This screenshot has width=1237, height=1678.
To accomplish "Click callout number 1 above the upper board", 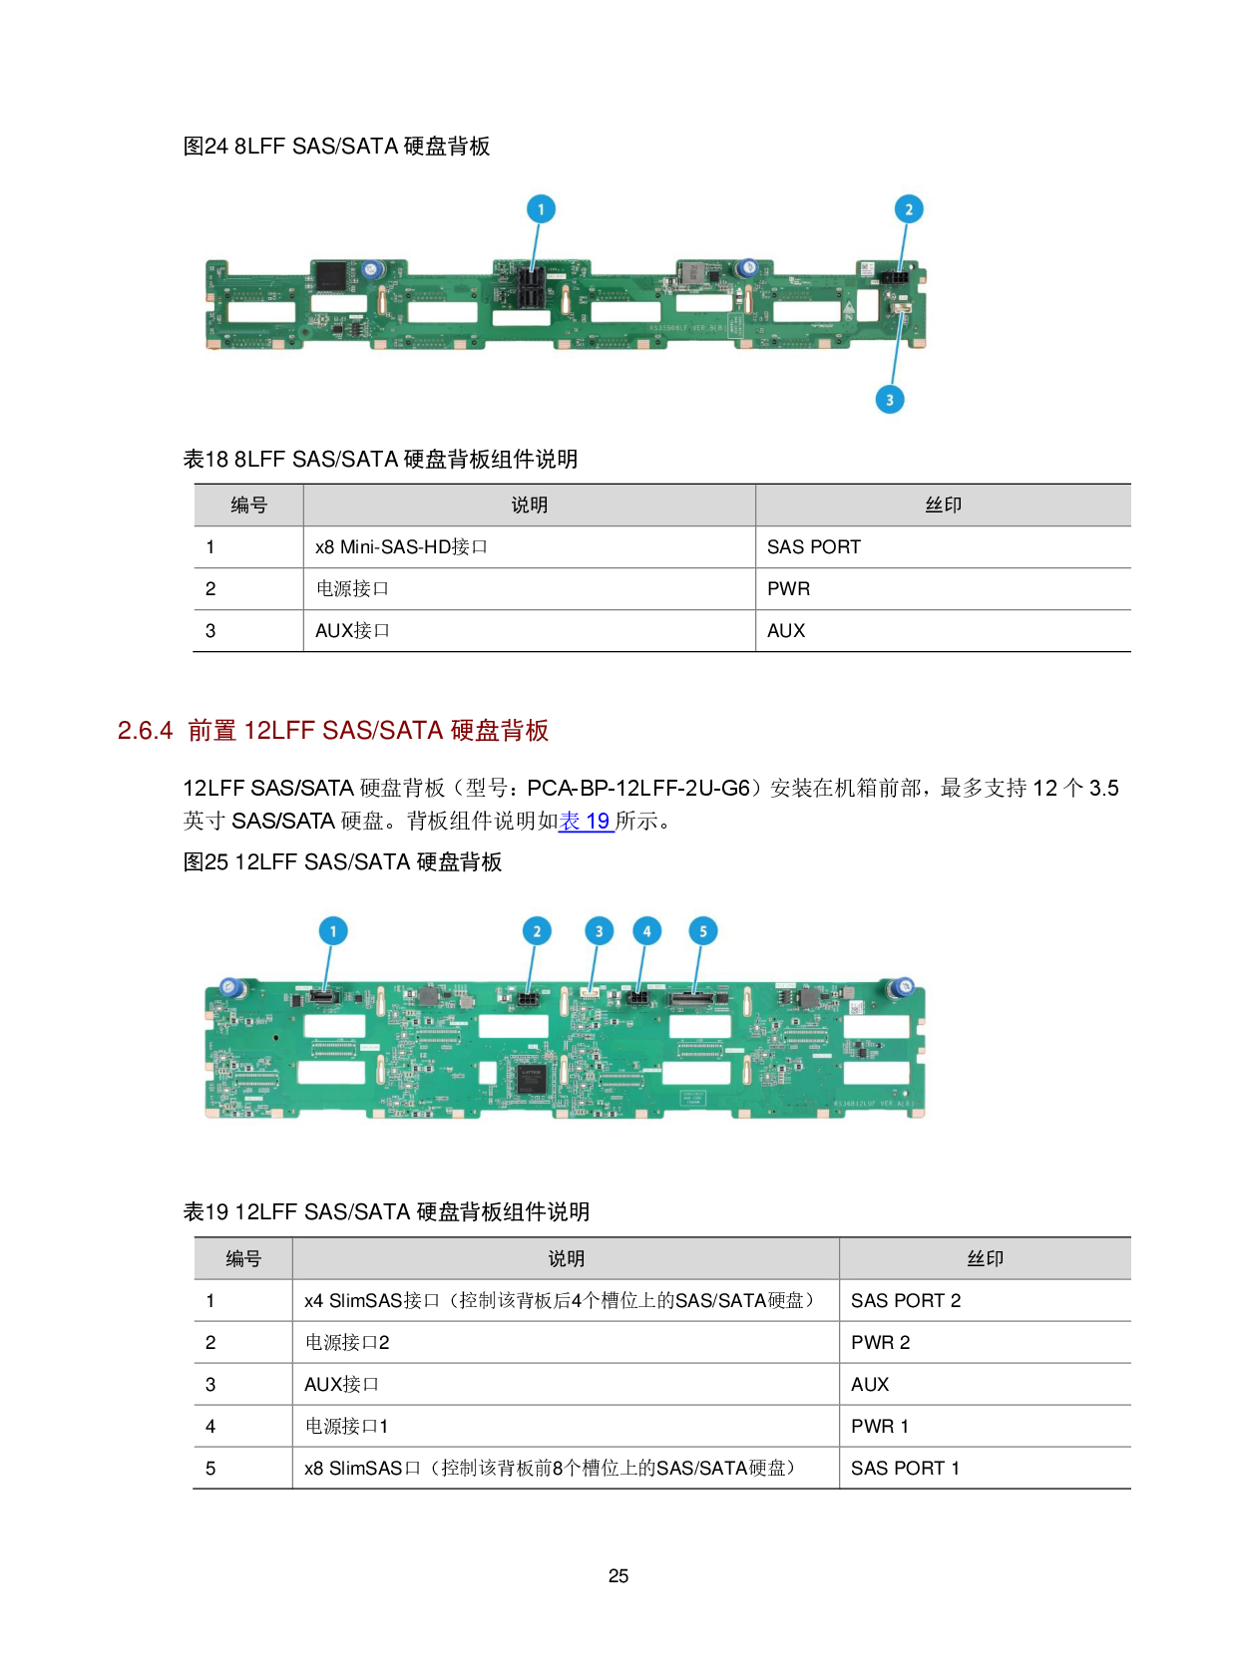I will tap(541, 209).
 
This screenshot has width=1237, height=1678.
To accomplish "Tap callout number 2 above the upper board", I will tap(908, 209).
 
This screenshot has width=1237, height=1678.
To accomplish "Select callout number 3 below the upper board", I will tap(890, 400).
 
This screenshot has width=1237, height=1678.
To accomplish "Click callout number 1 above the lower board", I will tap(333, 931).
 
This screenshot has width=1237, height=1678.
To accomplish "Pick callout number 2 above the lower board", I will tap(537, 931).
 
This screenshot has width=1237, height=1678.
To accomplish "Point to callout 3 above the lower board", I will tap(599, 931).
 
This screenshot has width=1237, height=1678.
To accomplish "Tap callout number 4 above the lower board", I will tap(646, 931).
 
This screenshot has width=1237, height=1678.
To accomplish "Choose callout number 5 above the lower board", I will tap(703, 931).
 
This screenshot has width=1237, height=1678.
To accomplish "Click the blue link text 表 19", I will tap(586, 822).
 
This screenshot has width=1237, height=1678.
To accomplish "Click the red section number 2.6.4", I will tap(146, 731).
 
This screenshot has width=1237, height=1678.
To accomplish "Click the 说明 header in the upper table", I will tap(529, 505).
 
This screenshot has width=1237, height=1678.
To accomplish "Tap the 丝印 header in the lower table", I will tap(985, 1259).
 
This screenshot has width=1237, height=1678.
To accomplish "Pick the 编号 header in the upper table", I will tap(248, 505).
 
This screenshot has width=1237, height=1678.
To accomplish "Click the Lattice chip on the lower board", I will tap(530, 1079).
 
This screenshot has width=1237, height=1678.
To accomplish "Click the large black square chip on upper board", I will tap(331, 276).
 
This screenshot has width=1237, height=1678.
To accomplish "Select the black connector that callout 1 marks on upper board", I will tap(531, 288).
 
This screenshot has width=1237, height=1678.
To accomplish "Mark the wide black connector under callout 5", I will tap(693, 998).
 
